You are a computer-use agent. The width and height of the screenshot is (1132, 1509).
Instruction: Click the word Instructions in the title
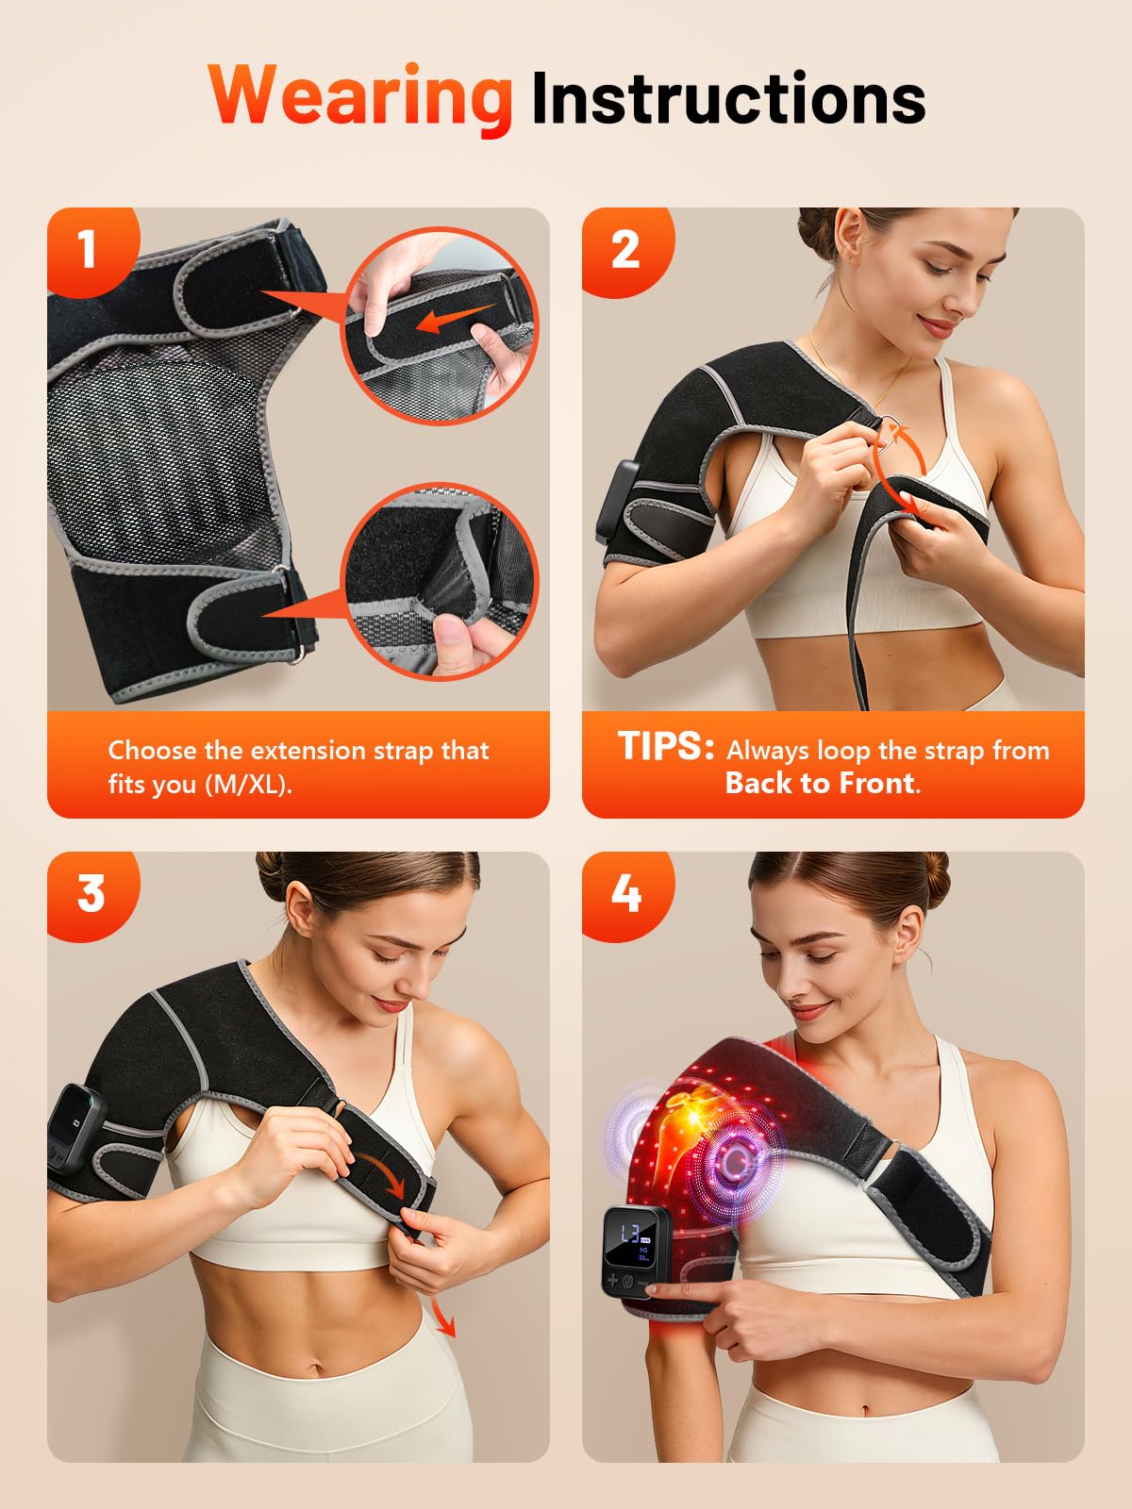728,98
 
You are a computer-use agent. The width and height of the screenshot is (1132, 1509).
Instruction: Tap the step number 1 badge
89,249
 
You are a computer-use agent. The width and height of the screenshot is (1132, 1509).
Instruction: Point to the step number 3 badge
90,894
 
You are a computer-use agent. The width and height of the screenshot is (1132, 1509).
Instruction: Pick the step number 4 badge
625,894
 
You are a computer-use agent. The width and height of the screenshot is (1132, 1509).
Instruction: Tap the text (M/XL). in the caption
249,785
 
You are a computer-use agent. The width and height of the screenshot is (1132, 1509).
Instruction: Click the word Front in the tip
877,783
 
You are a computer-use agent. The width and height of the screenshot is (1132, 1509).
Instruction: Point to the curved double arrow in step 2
897,468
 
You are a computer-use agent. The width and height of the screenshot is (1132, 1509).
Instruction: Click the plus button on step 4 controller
613,1280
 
